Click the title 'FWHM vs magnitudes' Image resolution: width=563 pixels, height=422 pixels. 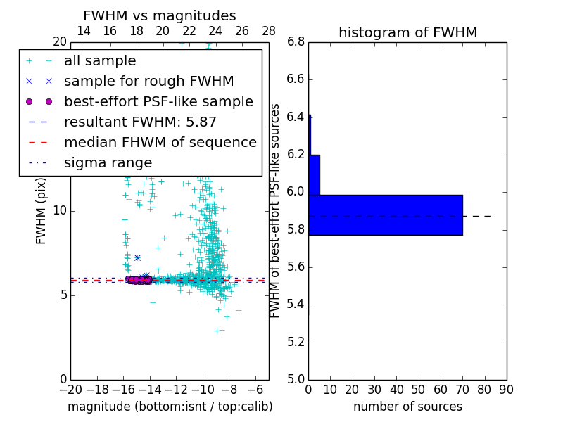click(x=160, y=15)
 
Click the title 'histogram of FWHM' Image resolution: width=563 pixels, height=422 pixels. click(x=407, y=32)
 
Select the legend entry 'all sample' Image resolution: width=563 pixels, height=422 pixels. click(x=100, y=61)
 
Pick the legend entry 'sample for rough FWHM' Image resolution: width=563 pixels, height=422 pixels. click(x=148, y=82)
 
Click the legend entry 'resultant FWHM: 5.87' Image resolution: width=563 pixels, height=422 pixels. click(x=140, y=122)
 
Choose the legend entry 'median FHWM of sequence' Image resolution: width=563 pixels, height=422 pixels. click(x=160, y=143)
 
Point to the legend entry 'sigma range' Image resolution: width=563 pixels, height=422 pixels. click(x=108, y=163)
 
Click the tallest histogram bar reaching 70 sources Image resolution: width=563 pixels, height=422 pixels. click(x=386, y=215)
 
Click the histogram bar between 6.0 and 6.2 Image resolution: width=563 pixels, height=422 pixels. click(x=315, y=174)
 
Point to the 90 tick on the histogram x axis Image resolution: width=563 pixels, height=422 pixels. click(x=507, y=389)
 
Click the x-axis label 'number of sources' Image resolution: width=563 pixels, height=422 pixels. click(x=407, y=407)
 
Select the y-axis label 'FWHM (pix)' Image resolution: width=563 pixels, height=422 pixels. click(x=42, y=210)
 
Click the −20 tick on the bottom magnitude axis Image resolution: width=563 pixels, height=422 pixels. click(x=70, y=389)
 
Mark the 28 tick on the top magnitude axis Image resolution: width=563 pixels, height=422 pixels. click(x=269, y=31)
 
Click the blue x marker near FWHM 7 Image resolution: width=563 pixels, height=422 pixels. click(x=137, y=257)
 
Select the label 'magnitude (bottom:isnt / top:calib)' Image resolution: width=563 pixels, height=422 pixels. click(x=170, y=407)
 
